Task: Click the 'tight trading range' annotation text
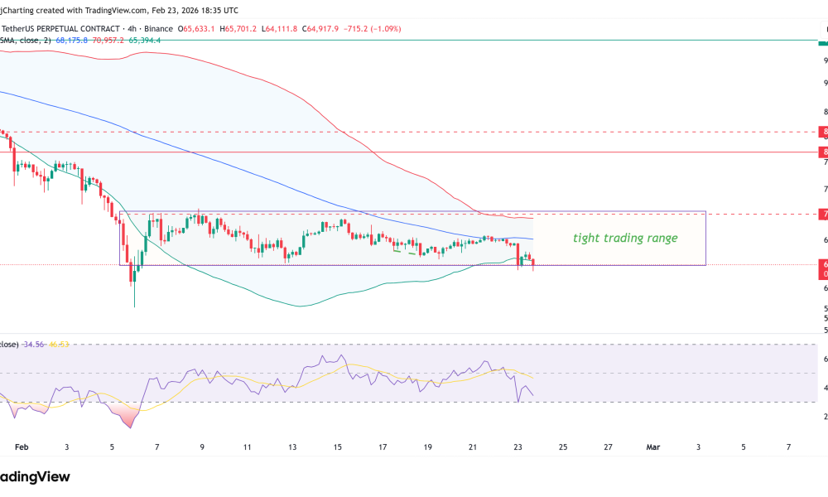click(625, 239)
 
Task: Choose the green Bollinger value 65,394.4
click(143, 39)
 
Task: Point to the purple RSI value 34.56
click(33, 344)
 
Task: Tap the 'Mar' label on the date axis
click(652, 446)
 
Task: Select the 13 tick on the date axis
click(292, 446)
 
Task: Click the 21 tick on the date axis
click(473, 446)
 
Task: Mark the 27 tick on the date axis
click(608, 446)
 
